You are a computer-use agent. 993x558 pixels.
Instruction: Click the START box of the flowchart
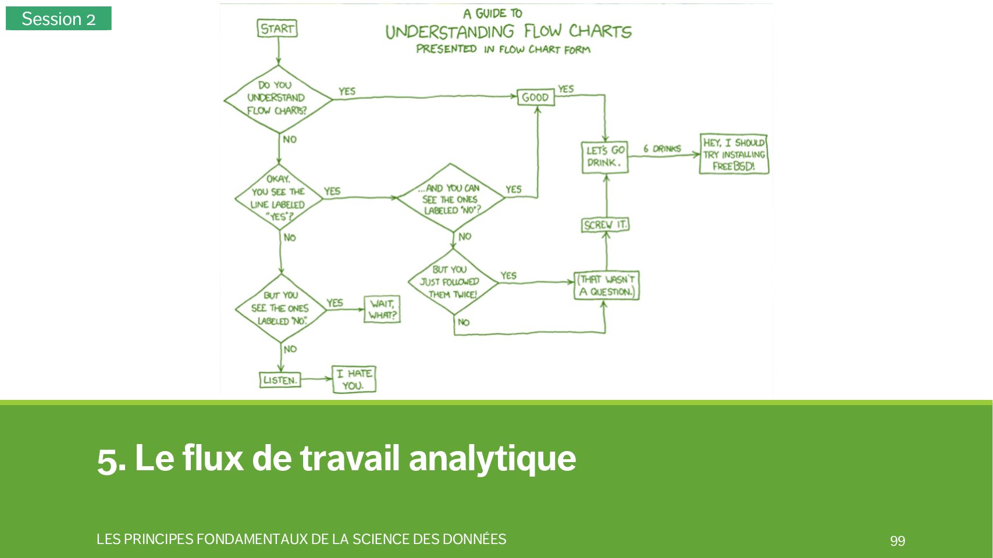click(277, 28)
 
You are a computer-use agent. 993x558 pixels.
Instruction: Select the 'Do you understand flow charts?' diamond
click(277, 98)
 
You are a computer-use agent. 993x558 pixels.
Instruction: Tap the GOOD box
click(535, 97)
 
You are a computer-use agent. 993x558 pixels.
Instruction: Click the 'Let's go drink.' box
click(605, 157)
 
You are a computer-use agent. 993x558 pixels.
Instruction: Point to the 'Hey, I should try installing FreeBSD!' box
click(734, 154)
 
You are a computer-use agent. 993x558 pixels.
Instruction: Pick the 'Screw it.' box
click(605, 225)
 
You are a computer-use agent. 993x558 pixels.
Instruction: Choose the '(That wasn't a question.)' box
click(606, 285)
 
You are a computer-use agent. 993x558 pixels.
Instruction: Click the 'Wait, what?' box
click(382, 309)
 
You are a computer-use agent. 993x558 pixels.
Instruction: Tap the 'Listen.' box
click(280, 380)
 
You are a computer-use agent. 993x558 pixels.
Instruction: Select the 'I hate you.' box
click(354, 380)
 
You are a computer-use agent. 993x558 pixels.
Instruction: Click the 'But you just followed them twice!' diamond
click(452, 282)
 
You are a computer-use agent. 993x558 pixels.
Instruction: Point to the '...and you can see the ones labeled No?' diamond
click(451, 199)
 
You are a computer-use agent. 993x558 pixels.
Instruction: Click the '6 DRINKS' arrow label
click(662, 149)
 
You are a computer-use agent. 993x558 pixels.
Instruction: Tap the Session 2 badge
click(58, 19)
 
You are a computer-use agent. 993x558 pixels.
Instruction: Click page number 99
click(897, 541)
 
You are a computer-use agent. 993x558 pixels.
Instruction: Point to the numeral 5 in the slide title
click(108, 459)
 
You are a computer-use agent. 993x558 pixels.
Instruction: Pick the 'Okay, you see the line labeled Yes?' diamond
click(279, 198)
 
